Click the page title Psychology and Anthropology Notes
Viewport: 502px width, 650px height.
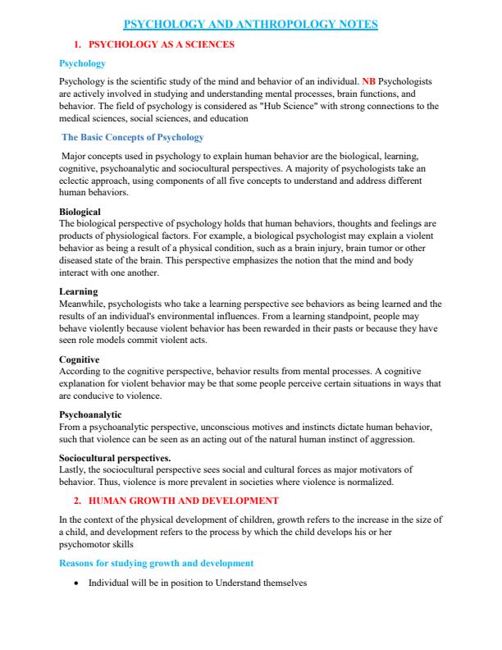tap(250, 25)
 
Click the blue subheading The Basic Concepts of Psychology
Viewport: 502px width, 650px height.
tap(133, 137)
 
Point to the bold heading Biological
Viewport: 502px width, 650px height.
tap(80, 212)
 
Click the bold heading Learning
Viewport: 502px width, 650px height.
tap(78, 291)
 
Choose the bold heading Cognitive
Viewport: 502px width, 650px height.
tap(79, 359)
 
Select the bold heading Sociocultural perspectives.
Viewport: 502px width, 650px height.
tap(115, 458)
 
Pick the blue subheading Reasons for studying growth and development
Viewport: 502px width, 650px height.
tap(156, 563)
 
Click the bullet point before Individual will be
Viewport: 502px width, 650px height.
tap(76, 584)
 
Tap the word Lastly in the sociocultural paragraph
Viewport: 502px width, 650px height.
tap(72, 469)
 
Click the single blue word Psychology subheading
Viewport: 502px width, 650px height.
tap(82, 64)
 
